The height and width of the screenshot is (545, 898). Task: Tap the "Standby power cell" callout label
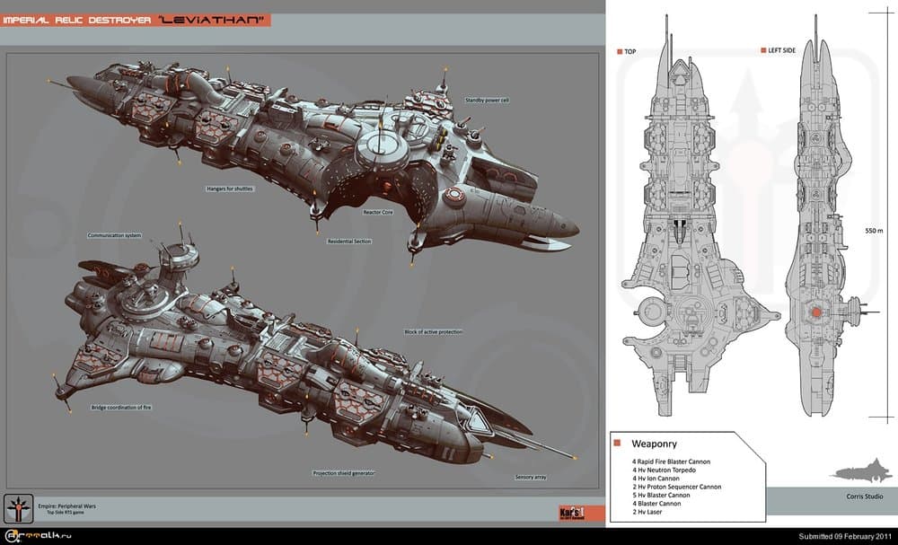pyautogui.click(x=488, y=100)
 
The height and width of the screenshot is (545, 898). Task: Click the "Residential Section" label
pyautogui.click(x=349, y=241)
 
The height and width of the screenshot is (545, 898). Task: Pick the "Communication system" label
pyautogui.click(x=114, y=235)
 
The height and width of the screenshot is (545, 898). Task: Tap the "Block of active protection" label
pyautogui.click(x=434, y=332)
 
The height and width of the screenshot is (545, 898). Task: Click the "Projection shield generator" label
pyautogui.click(x=344, y=472)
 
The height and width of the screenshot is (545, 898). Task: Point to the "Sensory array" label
pyautogui.click(x=530, y=477)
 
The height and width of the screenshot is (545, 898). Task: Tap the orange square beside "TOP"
pyautogui.click(x=619, y=52)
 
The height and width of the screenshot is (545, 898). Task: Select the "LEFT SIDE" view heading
pyautogui.click(x=781, y=51)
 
